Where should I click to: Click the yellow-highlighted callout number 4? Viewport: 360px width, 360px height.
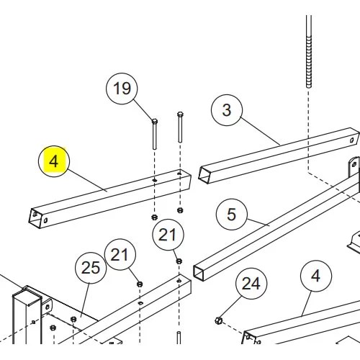54,161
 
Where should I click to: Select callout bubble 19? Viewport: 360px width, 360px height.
122,89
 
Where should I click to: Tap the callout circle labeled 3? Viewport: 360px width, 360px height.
227,110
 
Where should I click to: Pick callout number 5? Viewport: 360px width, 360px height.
232,214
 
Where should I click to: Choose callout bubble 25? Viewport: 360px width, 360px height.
91,268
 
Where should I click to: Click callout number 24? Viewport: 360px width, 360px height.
251,284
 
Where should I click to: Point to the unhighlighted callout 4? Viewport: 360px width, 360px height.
316,276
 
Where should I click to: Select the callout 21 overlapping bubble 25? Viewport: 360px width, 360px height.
120,254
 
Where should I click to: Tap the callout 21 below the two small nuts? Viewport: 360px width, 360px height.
168,235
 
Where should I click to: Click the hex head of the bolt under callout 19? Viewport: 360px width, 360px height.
155,121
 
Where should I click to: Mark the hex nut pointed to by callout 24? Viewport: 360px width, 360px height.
218,320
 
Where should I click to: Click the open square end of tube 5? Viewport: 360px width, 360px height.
199,273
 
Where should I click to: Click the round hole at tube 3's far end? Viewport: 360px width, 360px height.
352,140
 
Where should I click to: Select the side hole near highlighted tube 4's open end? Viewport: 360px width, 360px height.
45,220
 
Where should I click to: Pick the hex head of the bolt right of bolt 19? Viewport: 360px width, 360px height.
180,114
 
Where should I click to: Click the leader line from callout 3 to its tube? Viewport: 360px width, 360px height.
260,131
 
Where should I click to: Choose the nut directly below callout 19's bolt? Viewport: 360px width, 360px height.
155,217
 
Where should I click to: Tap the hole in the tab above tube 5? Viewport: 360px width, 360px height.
354,164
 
